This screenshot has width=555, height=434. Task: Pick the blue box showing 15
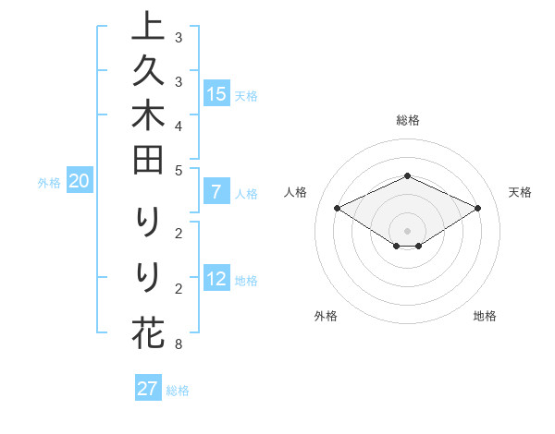point(216,94)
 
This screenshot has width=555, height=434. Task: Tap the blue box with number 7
point(216,193)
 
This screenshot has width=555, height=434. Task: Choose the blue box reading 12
point(216,280)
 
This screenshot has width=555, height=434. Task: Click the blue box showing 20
point(79,182)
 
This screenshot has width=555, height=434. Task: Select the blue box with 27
point(148,389)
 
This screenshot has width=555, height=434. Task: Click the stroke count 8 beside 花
point(178,345)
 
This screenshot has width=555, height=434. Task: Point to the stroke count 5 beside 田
point(178,170)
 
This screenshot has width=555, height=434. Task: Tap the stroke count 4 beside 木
point(178,125)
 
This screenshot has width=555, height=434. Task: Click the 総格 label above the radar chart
point(407,120)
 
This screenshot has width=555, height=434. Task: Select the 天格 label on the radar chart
point(520,192)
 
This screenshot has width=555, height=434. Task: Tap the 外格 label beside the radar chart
point(326,316)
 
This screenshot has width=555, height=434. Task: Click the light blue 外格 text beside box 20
point(49,183)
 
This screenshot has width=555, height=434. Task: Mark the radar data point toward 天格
point(478,210)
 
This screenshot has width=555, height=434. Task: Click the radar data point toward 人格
point(338,209)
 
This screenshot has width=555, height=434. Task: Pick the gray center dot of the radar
point(407,230)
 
